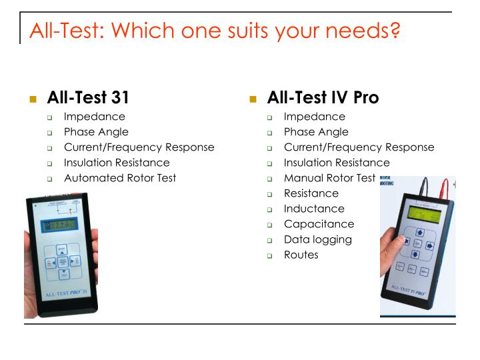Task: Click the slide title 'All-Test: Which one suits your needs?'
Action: click(214, 30)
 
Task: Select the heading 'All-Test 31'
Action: click(88, 97)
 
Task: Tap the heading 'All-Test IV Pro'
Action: click(323, 97)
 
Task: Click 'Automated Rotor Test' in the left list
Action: click(120, 178)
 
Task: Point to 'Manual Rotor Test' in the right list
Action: click(329, 178)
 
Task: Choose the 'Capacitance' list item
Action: click(319, 224)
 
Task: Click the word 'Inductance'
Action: click(314, 209)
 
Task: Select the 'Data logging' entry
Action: click(317, 239)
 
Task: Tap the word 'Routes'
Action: click(301, 255)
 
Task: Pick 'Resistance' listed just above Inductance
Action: click(311, 193)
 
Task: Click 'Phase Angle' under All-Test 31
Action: click(96, 132)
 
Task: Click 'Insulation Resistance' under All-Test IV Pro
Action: click(337, 163)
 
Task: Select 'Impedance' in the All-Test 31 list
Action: click(94, 117)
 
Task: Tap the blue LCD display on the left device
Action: click(61, 226)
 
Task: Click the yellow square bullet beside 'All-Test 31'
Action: click(33, 99)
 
